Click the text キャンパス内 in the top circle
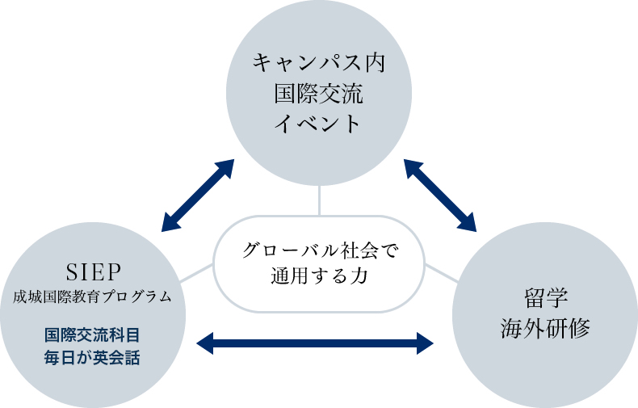[x=319, y=62]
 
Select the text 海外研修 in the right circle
[x=545, y=329]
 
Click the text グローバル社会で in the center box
[x=319, y=250]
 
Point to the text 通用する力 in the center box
[x=319, y=277]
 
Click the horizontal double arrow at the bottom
[x=316, y=343]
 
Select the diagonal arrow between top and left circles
[x=198, y=195]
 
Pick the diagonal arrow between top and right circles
[x=439, y=195]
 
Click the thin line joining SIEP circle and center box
[x=195, y=274]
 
